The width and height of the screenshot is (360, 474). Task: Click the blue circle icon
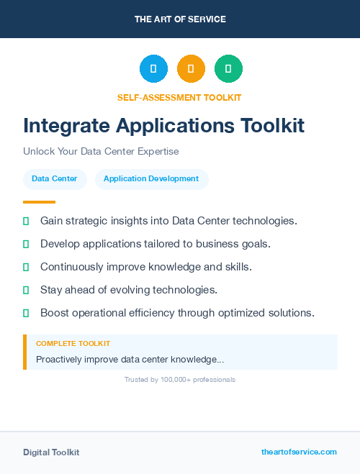point(153,68)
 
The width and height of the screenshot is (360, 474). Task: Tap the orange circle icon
point(191,68)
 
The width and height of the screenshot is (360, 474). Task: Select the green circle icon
point(228,68)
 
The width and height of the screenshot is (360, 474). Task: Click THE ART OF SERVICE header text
point(180,19)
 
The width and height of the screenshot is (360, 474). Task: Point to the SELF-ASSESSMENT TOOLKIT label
point(179,97)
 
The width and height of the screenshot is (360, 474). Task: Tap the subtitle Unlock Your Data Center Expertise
point(101,152)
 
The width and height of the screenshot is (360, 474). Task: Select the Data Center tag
point(55,179)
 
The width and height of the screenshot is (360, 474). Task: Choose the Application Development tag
point(151,179)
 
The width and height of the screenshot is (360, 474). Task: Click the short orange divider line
point(39,202)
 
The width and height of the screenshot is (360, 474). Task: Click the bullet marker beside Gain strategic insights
point(26,221)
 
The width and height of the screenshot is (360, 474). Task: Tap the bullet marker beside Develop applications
point(26,244)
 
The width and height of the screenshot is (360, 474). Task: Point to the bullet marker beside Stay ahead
point(26,290)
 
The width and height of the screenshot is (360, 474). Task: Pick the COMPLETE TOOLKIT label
point(73,344)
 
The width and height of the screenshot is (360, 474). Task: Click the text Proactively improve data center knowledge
point(130,359)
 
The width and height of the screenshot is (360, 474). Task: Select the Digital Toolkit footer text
point(51,452)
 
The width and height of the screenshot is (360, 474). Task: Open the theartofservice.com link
point(299,452)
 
